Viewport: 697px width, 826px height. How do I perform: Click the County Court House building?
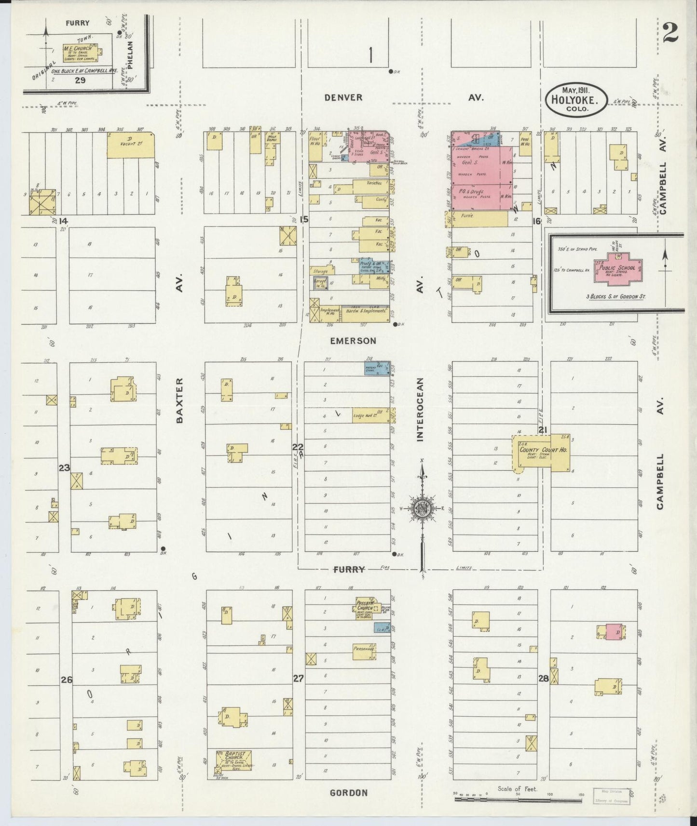tap(543, 452)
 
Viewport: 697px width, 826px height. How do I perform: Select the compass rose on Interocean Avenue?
tap(422, 508)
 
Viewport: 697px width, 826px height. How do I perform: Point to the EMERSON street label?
tap(346, 341)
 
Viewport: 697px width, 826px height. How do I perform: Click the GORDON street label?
tap(348, 793)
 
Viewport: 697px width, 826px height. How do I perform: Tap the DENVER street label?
tap(343, 97)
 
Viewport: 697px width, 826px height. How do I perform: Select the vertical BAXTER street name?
tap(180, 400)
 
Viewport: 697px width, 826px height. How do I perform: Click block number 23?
tap(64, 467)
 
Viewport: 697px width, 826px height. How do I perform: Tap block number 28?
tap(543, 679)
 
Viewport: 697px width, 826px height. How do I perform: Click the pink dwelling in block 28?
tap(614, 631)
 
